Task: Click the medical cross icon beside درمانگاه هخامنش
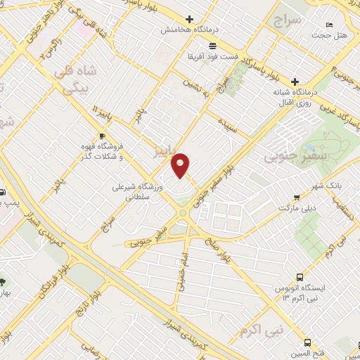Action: tap(189, 19)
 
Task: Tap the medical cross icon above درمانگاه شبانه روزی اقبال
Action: tap(295, 81)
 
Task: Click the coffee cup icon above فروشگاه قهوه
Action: tap(102, 136)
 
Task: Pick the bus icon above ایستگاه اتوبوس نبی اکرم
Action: tap(300, 277)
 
